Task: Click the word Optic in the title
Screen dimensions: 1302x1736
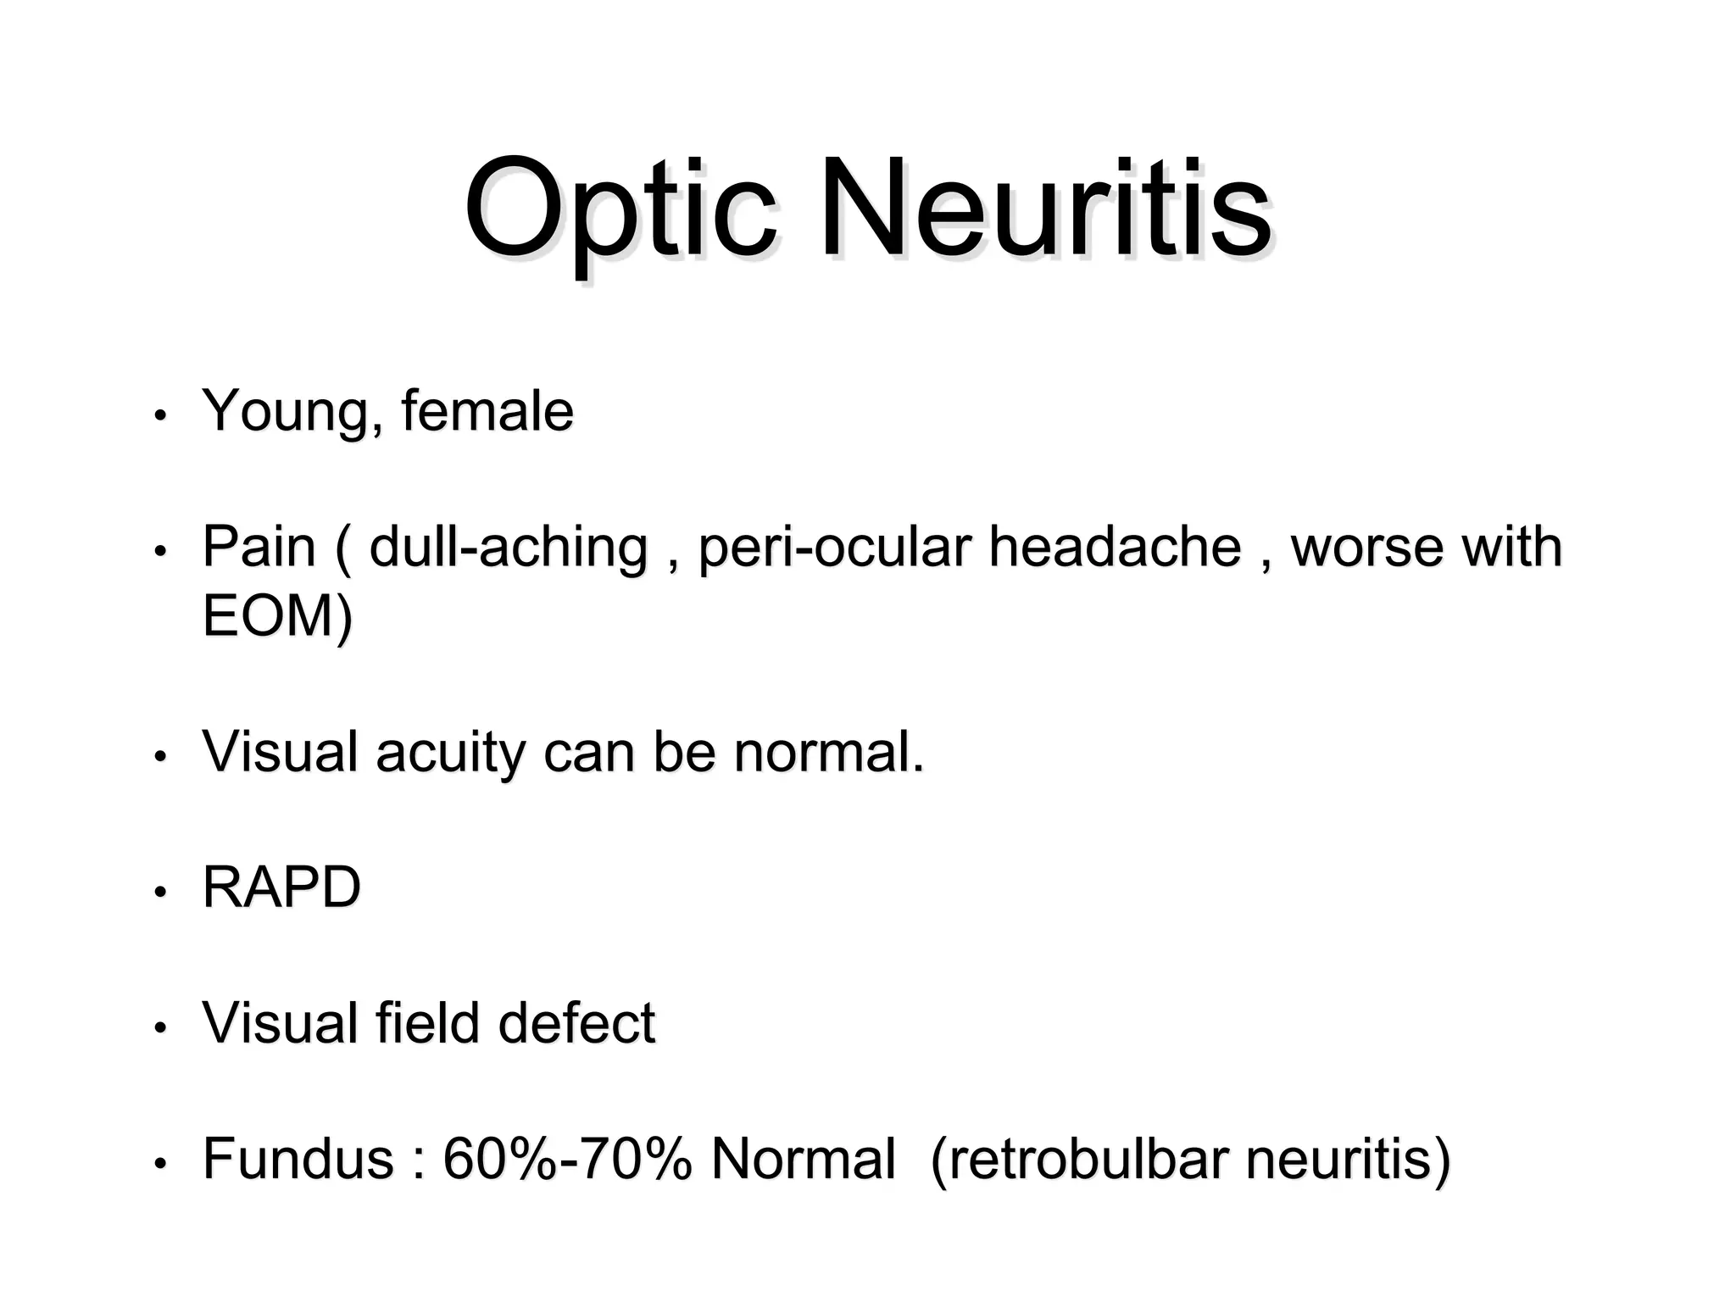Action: click(x=620, y=210)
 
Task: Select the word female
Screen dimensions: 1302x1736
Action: click(x=487, y=411)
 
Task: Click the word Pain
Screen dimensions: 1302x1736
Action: click(x=259, y=547)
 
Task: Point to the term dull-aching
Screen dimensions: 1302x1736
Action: click(x=509, y=548)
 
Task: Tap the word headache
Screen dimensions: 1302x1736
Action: click(x=1115, y=547)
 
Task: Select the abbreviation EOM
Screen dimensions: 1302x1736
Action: click(x=268, y=615)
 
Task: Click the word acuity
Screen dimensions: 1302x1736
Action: click(x=450, y=753)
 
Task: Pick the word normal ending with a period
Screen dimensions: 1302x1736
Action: click(x=828, y=752)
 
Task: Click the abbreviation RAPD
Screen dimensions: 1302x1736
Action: click(x=281, y=888)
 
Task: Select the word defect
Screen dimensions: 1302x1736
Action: click(x=576, y=1023)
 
